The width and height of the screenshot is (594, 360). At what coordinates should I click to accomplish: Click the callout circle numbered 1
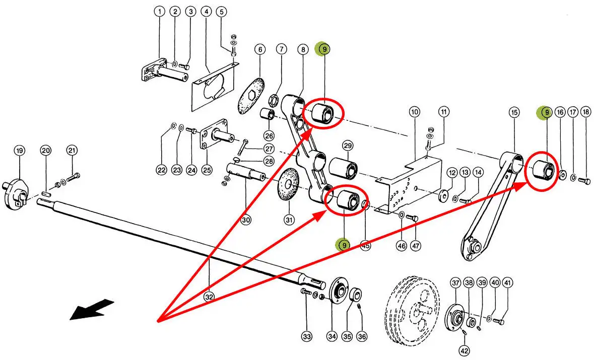160,11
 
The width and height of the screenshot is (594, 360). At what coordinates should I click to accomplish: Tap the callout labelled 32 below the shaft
209,297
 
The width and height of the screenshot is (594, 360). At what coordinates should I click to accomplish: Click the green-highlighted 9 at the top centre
322,49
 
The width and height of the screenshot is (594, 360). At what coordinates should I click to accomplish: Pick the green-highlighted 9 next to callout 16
545,112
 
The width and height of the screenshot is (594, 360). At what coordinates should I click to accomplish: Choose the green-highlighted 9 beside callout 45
344,245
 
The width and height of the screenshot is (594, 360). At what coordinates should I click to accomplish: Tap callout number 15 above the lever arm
514,112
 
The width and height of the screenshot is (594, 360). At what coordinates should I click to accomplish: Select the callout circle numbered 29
348,146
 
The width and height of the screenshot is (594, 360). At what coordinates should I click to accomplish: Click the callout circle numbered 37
456,283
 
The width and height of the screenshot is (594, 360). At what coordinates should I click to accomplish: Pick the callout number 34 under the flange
332,336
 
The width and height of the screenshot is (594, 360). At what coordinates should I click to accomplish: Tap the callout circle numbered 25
207,170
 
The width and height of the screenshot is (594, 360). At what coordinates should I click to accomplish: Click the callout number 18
585,112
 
